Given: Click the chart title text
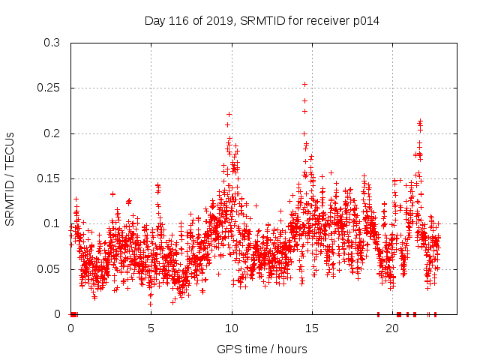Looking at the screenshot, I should coord(262,21).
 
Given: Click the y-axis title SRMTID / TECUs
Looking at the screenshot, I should coord(10,178).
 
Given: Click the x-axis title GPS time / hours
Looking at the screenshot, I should coord(262,349).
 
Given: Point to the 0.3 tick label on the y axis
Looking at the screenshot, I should coord(52,43).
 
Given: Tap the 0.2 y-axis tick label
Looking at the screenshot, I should coord(52,133).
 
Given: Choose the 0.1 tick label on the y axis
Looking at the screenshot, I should coord(52,224).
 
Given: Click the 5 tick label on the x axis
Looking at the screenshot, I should coord(151,328).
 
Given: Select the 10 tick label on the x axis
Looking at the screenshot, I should coord(232,328).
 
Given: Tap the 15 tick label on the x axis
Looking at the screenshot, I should coord(312,328).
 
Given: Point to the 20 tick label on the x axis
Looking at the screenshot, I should coord(392,328).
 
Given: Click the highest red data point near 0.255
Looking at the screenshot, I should coord(304,84).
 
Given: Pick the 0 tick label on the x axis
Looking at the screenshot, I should coord(71,328).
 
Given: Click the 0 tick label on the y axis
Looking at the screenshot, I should coord(58,314).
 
